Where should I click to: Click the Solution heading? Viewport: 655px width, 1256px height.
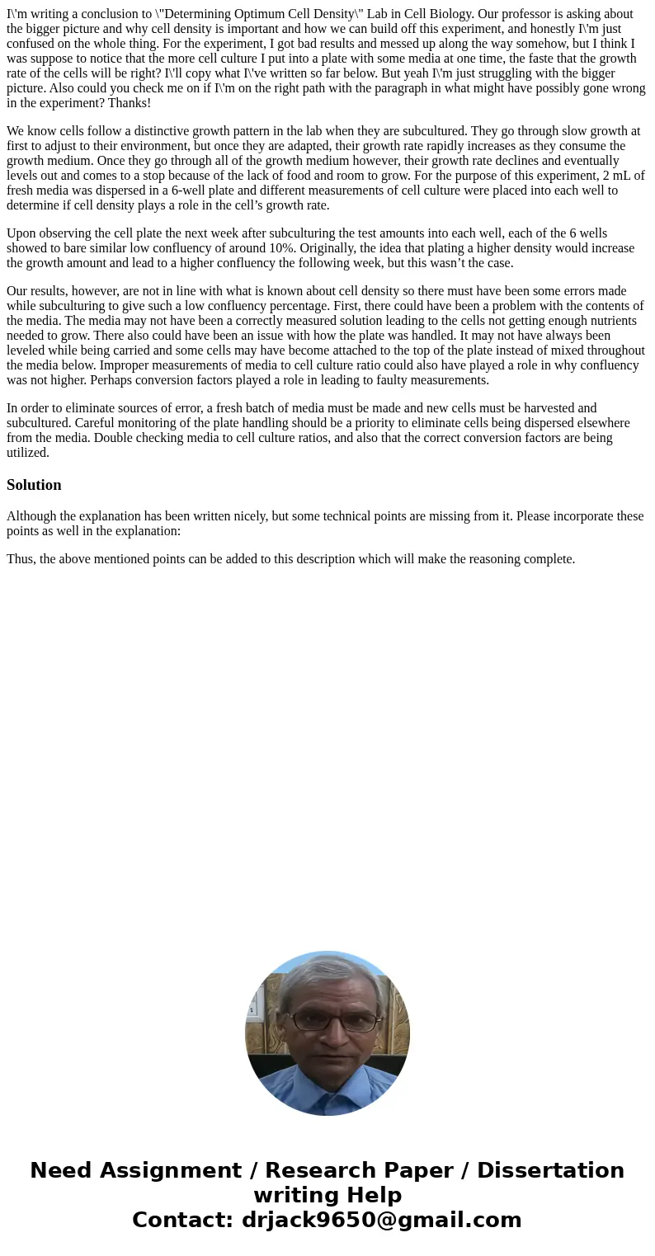(x=34, y=485)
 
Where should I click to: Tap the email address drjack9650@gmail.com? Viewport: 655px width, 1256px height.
(x=381, y=1220)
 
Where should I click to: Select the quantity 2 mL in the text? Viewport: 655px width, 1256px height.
(x=617, y=176)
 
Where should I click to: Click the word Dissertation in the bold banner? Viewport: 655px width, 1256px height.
(x=550, y=1171)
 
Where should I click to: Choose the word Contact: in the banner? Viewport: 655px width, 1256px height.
(x=183, y=1220)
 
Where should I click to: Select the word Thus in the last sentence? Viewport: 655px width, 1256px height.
(x=20, y=559)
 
